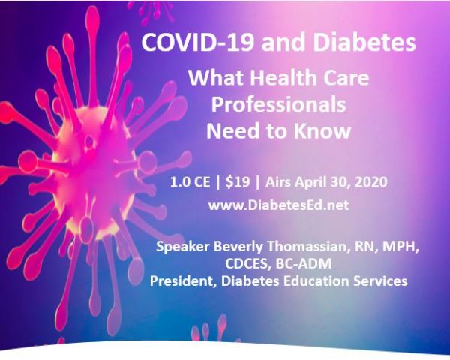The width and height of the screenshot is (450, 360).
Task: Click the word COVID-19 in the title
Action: (x=198, y=43)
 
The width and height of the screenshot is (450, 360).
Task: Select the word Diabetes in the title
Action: (x=364, y=43)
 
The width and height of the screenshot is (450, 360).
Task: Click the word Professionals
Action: (x=279, y=104)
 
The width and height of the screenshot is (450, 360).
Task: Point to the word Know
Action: (x=322, y=131)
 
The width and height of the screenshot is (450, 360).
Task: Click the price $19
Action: (x=238, y=182)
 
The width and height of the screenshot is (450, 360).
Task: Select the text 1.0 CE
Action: (x=190, y=182)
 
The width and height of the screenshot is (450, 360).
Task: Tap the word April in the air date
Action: (x=311, y=182)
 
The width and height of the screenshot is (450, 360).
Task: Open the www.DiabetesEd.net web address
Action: (x=279, y=205)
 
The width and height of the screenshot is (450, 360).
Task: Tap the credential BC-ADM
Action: (x=304, y=263)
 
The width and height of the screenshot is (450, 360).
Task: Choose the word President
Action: (x=183, y=281)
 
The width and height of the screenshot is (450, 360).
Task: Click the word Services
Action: (x=380, y=280)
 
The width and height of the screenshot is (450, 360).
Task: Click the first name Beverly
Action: (x=238, y=247)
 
